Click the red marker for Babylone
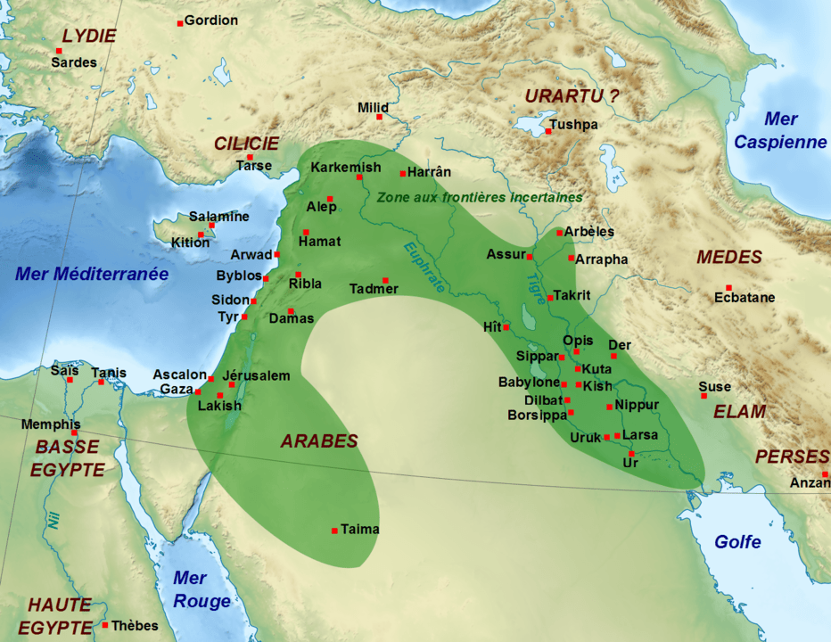(564, 384)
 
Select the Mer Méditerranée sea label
(92, 275)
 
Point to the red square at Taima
(334, 531)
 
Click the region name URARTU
(564, 95)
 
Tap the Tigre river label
(534, 287)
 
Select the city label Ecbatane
(745, 298)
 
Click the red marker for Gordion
(180, 22)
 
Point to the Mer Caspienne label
(780, 130)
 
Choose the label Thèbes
(136, 625)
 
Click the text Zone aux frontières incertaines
(479, 197)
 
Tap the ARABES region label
(319, 441)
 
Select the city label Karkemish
(346, 168)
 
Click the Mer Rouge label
(202, 589)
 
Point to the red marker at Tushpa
(548, 132)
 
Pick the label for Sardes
(73, 63)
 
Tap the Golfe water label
(737, 542)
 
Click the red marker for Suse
(703, 396)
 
